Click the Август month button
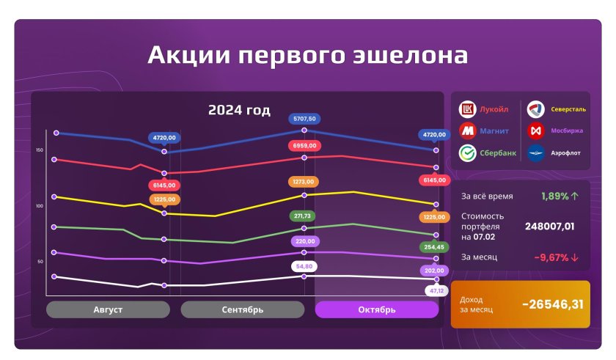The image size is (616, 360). point(108,309)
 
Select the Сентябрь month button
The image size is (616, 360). point(243,309)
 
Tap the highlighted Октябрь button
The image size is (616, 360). point(377,309)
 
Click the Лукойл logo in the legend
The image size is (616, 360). point(468,109)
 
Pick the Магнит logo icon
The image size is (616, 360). point(468,131)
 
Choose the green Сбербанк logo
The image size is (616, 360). point(468,153)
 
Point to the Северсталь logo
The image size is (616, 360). point(536,109)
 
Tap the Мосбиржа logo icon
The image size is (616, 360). point(536,131)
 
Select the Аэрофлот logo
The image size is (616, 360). point(536,153)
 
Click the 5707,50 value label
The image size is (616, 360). point(304,119)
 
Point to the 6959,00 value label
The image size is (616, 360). point(304,146)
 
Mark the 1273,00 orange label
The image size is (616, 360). point(304,182)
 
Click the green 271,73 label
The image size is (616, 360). point(302,216)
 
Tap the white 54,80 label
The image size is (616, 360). point(304,266)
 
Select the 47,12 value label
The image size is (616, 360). point(436,291)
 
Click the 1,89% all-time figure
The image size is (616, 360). point(554,196)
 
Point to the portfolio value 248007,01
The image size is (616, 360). point(549,226)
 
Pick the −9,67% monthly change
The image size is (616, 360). point(551,257)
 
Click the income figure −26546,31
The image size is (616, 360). point(553,304)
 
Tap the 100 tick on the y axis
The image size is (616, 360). point(40,206)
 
